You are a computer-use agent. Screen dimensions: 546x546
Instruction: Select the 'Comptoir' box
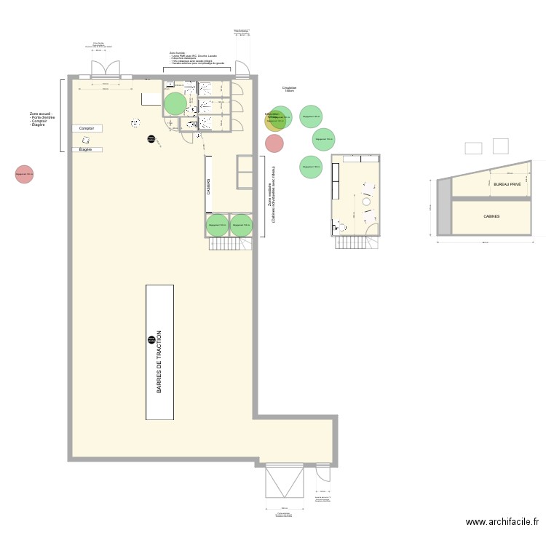coord(87,128)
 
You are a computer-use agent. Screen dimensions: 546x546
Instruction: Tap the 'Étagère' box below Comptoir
coord(87,150)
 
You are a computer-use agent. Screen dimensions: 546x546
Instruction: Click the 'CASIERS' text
coord(208,186)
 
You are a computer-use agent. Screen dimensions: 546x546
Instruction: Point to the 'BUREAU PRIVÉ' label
coord(507,185)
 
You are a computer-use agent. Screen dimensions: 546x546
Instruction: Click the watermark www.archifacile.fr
coord(502,522)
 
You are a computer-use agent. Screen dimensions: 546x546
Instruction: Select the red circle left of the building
coord(24,174)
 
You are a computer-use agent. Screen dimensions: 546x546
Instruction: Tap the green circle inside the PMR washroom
coord(175,103)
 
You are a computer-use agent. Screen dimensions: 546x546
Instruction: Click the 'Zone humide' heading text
coord(178,53)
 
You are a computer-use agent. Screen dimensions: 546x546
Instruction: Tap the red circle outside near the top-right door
coord(274,143)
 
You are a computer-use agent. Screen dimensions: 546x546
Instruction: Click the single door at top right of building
coord(241,69)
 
